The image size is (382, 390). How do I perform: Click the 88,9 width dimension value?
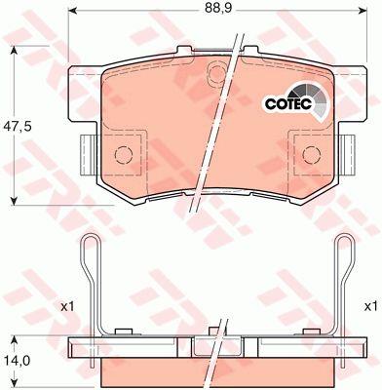tap(217, 9)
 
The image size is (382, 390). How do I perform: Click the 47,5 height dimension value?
tap(17, 126)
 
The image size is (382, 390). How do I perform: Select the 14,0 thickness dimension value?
tap(17, 361)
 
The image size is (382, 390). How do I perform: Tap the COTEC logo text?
tap(288, 103)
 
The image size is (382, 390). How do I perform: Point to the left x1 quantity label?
tap(68, 306)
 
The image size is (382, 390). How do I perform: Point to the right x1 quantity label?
tap(370, 306)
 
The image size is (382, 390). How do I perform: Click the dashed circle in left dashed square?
tap(124, 155)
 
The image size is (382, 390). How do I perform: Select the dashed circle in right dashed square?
tap(311, 155)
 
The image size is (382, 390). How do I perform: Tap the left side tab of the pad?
tap(88, 155)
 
